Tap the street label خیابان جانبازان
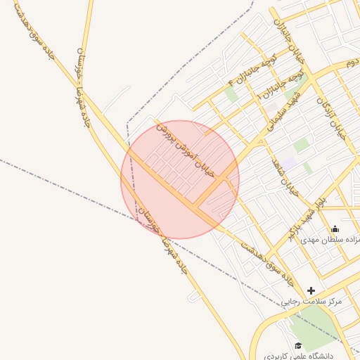pos(285,39)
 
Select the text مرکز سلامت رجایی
pos(311,301)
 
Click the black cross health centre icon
pos(311,290)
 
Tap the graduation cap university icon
pos(299,345)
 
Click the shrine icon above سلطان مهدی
pos(335,229)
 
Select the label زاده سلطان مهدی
pos(330,239)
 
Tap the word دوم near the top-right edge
pos(350,63)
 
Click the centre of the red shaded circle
pos(180,179)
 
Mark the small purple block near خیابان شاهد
pos(308,167)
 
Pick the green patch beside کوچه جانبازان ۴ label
pos(231,94)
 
